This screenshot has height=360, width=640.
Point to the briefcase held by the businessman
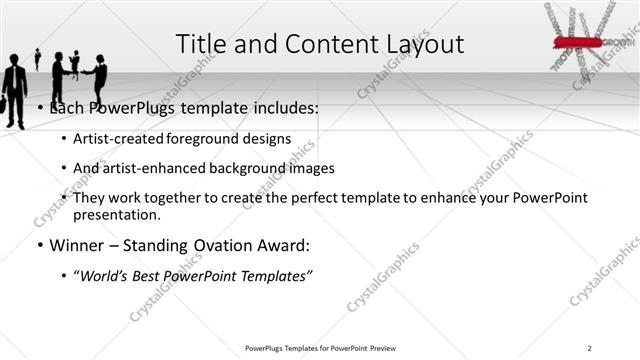coord(5,105)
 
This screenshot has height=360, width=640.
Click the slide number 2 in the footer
coord(590,348)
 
